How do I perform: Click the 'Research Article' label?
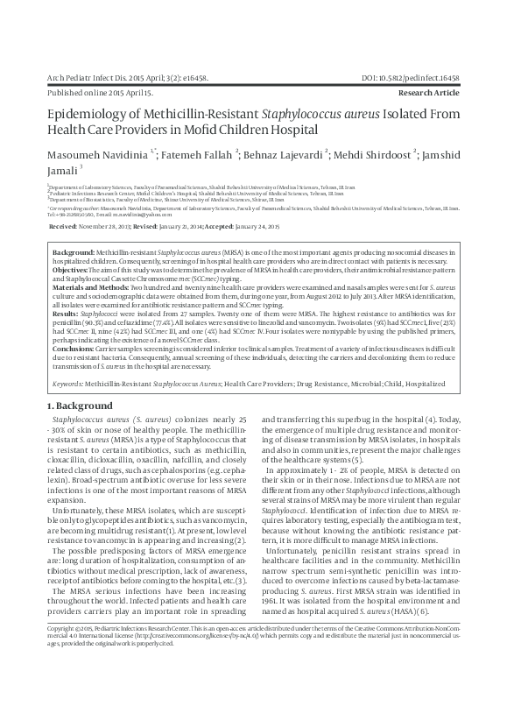[447, 91]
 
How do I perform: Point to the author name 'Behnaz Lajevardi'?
[285, 152]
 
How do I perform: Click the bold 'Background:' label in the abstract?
[74, 251]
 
